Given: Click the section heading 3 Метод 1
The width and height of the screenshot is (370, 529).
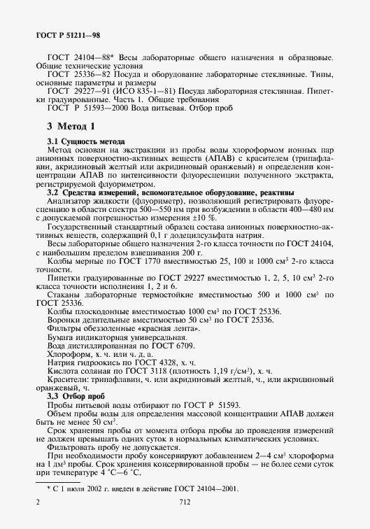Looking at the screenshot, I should tap(71, 127).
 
